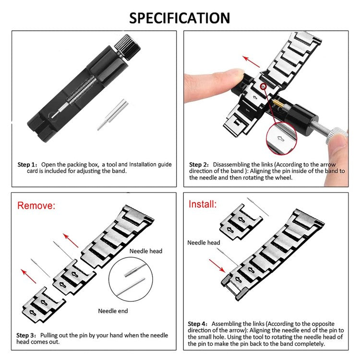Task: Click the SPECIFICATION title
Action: (180, 18)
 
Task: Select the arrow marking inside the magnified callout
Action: (282, 138)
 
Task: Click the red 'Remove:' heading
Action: (36, 206)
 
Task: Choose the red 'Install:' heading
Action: (202, 204)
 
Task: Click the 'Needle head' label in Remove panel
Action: (146, 251)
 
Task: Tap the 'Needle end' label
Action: (113, 311)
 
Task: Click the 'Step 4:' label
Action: (199, 324)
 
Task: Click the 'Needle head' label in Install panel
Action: (204, 243)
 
